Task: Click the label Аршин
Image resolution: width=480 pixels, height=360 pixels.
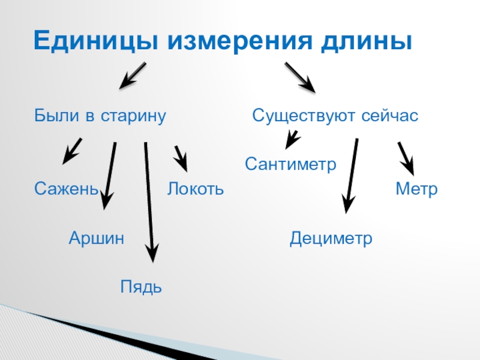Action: (97, 238)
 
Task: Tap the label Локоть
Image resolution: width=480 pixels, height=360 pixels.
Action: (196, 190)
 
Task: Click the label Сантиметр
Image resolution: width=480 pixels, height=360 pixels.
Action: (291, 163)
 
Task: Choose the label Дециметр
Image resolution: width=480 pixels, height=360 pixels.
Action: (331, 238)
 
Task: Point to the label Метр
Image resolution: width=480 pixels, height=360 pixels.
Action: (416, 190)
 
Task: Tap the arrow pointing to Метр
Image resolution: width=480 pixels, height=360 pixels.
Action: (406, 157)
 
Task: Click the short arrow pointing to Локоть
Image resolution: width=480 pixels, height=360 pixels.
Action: (181, 158)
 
